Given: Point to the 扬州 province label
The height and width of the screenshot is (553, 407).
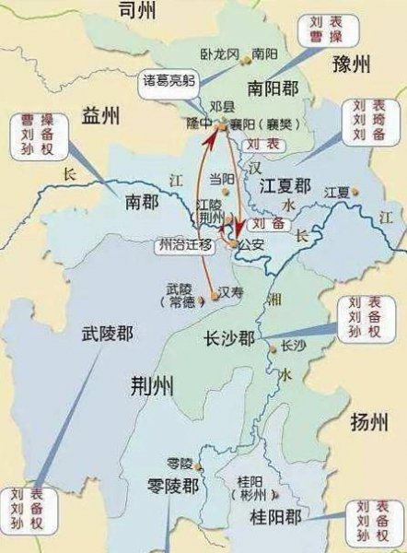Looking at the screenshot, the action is (371, 422).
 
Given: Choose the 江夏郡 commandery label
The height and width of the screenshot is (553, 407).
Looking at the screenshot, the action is (288, 186).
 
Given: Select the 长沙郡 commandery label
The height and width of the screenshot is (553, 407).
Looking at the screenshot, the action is (229, 339).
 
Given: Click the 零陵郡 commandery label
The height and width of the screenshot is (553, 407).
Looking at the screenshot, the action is (175, 486).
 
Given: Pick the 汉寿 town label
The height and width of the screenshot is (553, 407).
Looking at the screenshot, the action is (231, 290).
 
